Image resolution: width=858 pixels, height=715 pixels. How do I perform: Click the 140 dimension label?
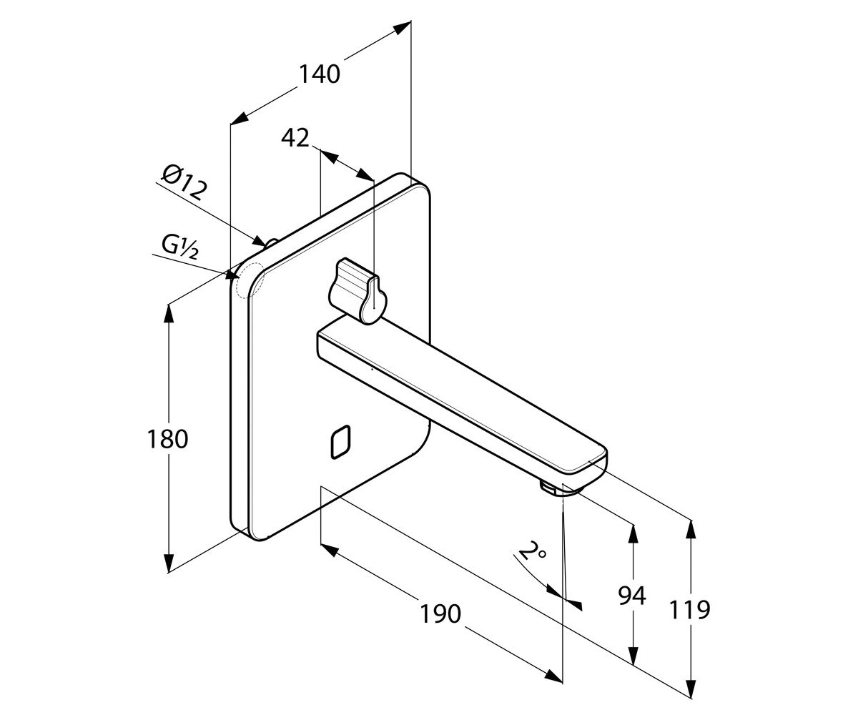pos(320,74)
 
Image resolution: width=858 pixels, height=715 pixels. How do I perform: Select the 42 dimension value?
pos(295,138)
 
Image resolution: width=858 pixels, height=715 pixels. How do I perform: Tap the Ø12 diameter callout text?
pos(184,182)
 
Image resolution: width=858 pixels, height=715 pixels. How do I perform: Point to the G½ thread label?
pos(180,247)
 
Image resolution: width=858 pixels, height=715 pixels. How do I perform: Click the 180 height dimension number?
pos(167,439)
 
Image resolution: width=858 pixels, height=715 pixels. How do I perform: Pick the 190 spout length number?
pos(440,614)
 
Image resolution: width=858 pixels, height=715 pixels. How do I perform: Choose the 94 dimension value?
pos(632,596)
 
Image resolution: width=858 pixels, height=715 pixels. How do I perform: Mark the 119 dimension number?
pos(689,609)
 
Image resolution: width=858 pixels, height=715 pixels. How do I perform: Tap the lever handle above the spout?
pos(357,290)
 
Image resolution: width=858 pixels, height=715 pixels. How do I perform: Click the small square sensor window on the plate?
pos(340,442)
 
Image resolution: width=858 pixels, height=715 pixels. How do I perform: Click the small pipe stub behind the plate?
pos(272,243)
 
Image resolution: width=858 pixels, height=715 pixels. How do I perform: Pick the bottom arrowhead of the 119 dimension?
pos(691,689)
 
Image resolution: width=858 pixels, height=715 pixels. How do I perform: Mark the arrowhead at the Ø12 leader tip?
pos(259,240)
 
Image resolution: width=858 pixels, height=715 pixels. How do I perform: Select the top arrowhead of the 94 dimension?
pos(633,535)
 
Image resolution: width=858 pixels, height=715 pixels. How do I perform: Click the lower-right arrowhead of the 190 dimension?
pos(553,675)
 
